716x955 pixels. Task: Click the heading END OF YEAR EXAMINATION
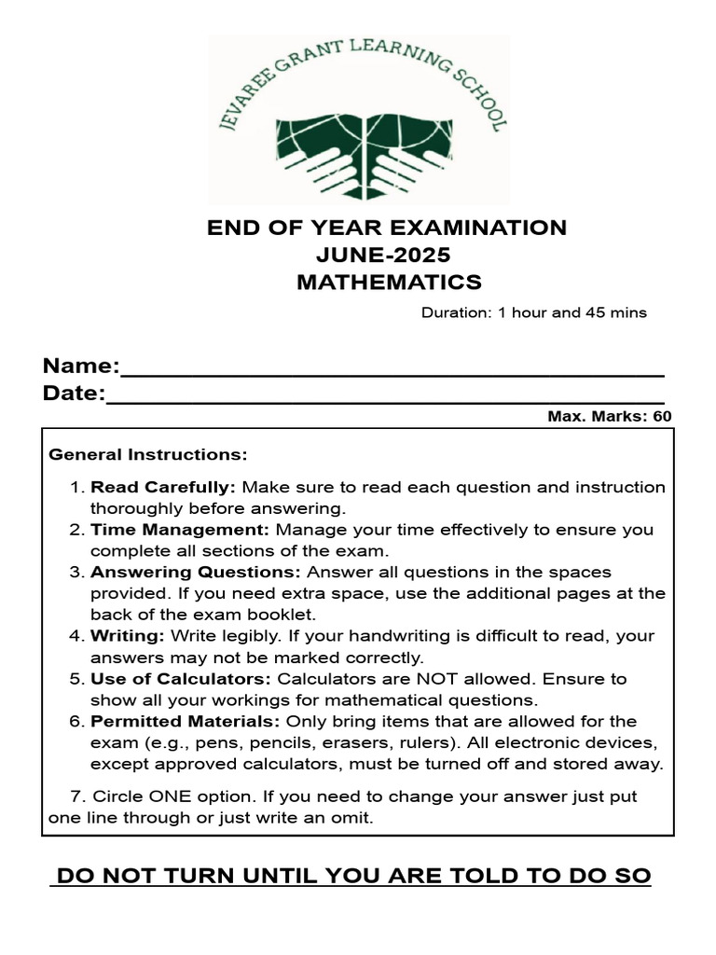point(387,228)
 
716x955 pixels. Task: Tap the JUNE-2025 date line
point(387,255)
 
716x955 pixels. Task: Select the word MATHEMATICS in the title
point(389,282)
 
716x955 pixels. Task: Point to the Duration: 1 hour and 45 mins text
point(533,312)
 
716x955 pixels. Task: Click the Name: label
point(81,365)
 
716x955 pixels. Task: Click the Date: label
point(74,394)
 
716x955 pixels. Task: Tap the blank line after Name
point(392,372)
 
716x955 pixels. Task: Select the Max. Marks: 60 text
point(609,417)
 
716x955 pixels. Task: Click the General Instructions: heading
point(148,455)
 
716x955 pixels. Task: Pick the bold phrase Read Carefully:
point(163,487)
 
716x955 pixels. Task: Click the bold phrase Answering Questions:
point(196,572)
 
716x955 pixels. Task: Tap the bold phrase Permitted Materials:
point(186,721)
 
